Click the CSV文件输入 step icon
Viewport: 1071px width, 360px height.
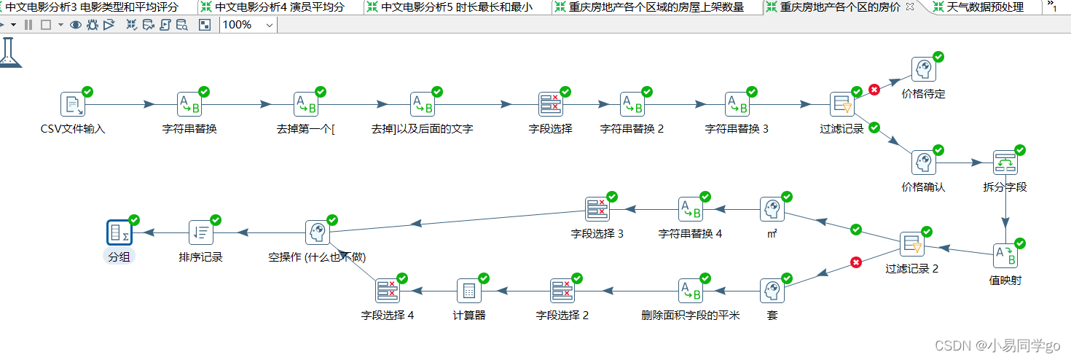click(x=73, y=104)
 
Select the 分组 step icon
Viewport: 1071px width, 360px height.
click(x=119, y=232)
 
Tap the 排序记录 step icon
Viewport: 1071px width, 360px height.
click(x=201, y=232)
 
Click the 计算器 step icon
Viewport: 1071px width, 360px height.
click(x=469, y=291)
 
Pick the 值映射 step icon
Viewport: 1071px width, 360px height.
click(x=1005, y=256)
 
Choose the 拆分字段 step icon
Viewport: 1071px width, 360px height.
click(x=1005, y=163)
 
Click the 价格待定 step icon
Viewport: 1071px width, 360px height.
click(x=924, y=70)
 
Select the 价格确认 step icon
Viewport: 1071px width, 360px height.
click(x=924, y=163)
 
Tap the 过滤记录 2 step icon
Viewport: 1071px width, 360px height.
click(x=911, y=244)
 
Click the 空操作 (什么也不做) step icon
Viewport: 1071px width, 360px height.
click(x=317, y=232)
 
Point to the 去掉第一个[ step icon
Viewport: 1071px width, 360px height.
click(x=306, y=104)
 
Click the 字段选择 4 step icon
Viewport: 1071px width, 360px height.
click(x=388, y=291)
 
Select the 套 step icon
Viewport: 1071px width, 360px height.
click(x=772, y=291)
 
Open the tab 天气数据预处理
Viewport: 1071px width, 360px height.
click(x=985, y=7)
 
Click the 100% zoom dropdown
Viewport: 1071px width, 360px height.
click(x=248, y=25)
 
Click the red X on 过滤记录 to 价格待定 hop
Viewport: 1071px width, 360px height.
click(x=874, y=90)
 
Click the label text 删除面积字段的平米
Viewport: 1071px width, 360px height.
click(x=691, y=316)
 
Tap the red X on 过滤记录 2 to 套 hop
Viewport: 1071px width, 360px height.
click(x=856, y=262)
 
